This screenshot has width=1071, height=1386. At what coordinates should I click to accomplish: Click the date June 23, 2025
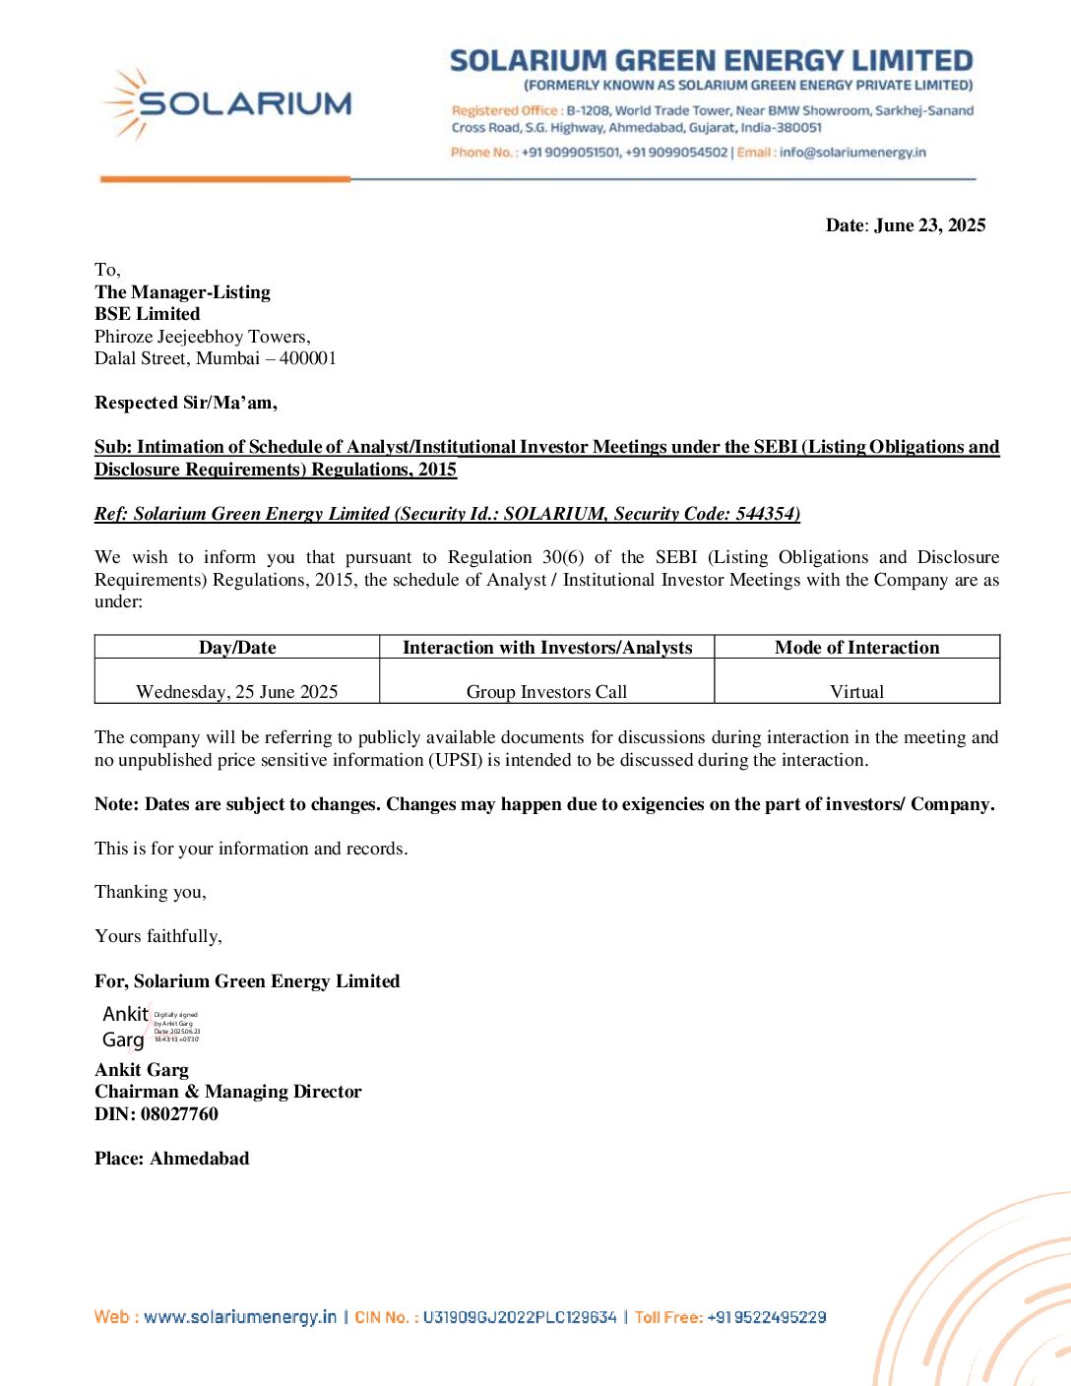(x=929, y=225)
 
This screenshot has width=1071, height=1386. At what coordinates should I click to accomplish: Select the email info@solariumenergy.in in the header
(x=852, y=153)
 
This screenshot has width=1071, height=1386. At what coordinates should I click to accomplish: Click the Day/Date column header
(x=237, y=648)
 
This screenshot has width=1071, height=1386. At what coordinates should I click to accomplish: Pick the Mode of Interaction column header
(x=856, y=648)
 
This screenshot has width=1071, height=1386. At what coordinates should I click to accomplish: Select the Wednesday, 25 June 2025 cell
(x=237, y=692)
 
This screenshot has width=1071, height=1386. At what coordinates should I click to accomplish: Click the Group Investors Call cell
(x=546, y=692)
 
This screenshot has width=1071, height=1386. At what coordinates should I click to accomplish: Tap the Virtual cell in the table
(x=856, y=692)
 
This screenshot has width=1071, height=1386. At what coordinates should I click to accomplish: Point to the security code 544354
(x=766, y=514)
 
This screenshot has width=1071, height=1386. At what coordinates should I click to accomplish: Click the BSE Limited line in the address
(x=148, y=314)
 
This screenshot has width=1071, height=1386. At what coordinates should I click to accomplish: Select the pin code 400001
(x=308, y=358)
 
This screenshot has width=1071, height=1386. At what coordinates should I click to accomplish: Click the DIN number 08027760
(x=179, y=1114)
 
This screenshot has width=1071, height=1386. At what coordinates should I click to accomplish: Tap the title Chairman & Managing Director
(x=228, y=1092)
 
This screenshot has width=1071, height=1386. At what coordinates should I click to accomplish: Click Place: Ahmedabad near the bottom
(x=172, y=1159)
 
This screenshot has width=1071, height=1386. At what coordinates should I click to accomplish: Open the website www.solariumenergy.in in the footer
(x=240, y=1317)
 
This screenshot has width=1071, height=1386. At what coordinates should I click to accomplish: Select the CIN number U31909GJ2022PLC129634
(x=520, y=1317)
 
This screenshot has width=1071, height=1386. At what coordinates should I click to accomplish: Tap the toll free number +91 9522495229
(x=767, y=1317)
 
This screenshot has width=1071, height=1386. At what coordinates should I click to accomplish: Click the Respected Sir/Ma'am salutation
(x=186, y=403)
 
